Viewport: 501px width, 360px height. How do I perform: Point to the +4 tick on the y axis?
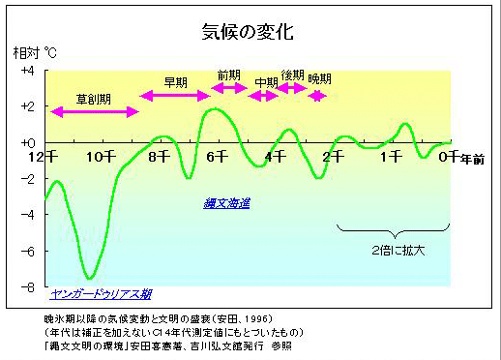(x=26, y=72)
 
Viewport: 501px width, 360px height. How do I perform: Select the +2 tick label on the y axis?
(x=26, y=106)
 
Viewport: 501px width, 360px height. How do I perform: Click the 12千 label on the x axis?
(x=42, y=155)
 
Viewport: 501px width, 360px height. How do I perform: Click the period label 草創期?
(x=93, y=99)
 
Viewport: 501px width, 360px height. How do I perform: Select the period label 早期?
(x=175, y=81)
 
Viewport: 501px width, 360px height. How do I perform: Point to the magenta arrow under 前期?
(x=230, y=88)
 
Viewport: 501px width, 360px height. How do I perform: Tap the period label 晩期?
(x=319, y=78)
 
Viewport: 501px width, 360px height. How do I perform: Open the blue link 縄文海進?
(x=227, y=203)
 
